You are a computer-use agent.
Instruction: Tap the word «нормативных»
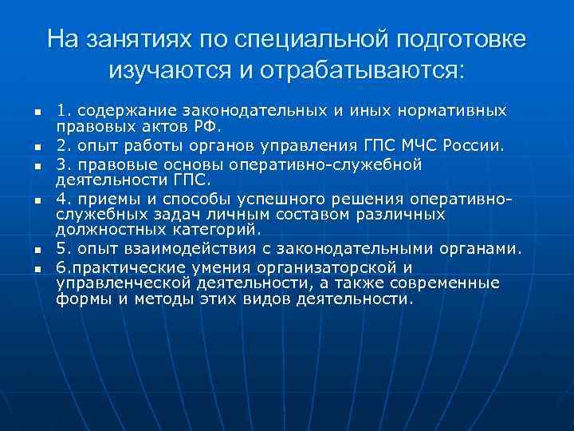point(451,109)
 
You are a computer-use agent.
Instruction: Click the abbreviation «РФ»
point(216,126)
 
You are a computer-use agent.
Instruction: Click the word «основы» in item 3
point(192,165)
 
